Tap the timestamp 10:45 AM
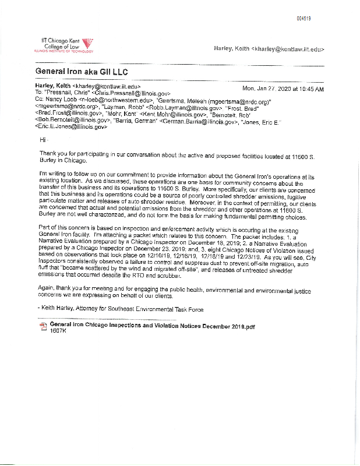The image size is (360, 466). [311, 89]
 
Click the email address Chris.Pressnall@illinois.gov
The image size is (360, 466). [133, 93]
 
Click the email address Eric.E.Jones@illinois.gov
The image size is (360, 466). [72, 126]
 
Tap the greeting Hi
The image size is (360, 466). [42, 140]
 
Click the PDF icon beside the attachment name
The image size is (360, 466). [42, 326]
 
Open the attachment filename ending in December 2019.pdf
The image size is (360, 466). [153, 326]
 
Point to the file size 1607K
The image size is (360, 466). [59, 333]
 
